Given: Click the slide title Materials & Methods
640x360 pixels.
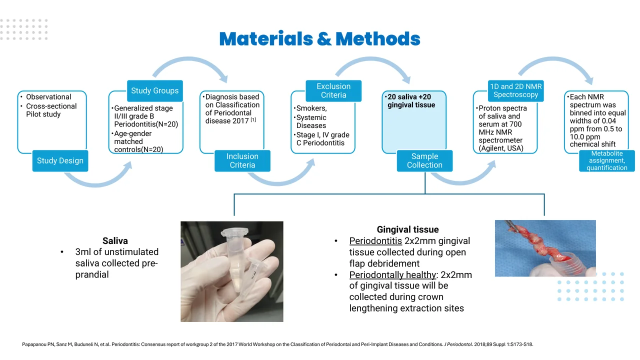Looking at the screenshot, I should pos(319,39).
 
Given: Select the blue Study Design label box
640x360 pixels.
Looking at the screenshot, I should pos(60,160).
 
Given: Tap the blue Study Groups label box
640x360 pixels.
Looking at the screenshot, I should pos(154,90).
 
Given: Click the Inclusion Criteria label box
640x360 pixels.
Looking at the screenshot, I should pos(242,160).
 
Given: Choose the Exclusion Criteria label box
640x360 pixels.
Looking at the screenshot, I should pos(333,90).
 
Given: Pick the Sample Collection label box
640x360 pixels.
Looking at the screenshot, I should pos(424,160).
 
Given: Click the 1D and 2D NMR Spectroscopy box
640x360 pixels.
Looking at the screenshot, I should pos(515,90).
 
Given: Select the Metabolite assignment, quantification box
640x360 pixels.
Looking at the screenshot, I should pos(607,160).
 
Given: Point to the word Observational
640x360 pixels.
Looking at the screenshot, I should pos(48,97).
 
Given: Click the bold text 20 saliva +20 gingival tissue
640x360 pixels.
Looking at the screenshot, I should pos(411,100).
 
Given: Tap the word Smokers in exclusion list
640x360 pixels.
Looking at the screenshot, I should pos(311,108).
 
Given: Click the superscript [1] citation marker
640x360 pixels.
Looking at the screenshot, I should pos(253,119).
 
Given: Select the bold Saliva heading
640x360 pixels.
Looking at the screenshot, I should pos(115,241).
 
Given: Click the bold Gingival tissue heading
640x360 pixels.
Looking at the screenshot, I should pos(407,229).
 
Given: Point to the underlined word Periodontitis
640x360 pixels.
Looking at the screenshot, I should pos(375,241).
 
